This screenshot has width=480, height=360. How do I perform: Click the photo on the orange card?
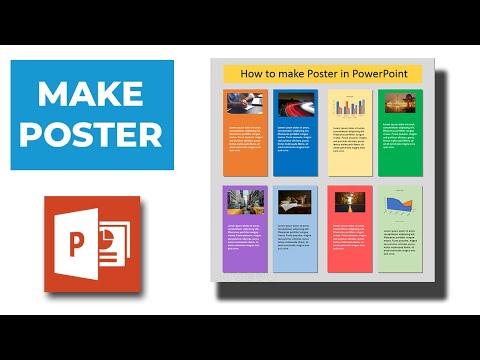pos(244,104)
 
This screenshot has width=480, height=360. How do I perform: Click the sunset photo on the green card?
pos(397,104)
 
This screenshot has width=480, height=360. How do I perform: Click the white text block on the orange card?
pos(244,139)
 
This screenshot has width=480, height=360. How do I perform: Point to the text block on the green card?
pos(397,135)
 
